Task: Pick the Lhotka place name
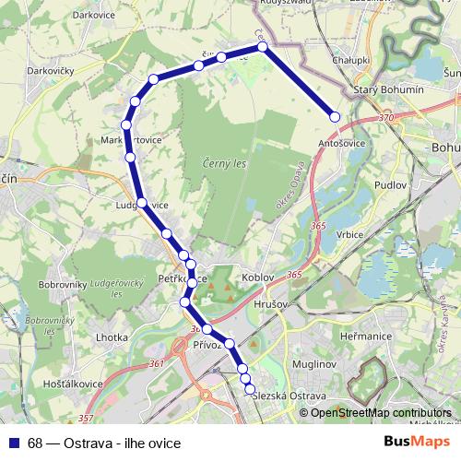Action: (x=112, y=337)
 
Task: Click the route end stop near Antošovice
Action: (x=335, y=116)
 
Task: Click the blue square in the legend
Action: (x=13, y=443)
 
